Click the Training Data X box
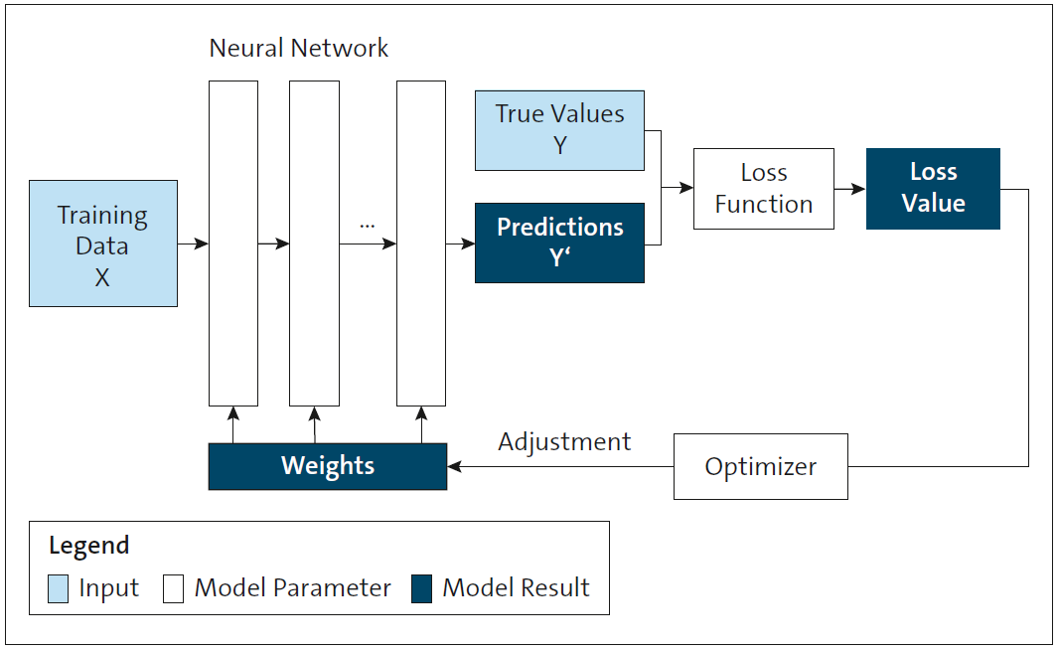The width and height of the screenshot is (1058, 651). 103,244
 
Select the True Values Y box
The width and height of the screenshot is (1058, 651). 559,130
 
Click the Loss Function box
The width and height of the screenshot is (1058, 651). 763,189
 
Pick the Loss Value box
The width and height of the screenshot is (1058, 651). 933,189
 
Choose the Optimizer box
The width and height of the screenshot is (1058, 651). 760,466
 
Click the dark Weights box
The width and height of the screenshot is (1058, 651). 328,466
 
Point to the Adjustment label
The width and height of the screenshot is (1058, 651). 564,442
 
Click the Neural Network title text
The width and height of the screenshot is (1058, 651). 299,48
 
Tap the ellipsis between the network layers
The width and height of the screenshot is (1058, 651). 368,225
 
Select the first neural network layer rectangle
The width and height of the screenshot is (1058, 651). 233,244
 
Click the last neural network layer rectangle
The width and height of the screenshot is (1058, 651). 421,244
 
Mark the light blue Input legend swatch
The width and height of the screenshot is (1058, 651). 59,589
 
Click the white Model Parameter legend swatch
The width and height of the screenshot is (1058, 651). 174,589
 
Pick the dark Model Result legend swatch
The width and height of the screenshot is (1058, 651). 422,589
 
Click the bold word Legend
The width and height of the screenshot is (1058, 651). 89,546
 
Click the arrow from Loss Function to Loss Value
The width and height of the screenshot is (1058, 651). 849,188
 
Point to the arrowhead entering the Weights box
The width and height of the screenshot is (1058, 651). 454,466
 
